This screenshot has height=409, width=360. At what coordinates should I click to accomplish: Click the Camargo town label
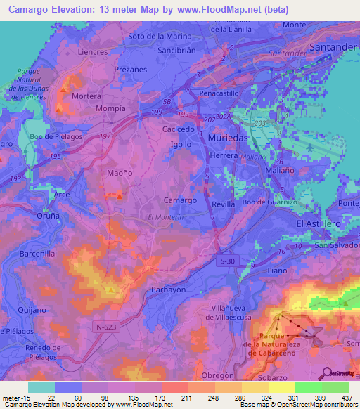click(180, 200)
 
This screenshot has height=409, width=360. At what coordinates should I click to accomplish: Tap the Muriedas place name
click(229, 138)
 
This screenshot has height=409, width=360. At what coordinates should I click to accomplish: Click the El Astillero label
click(319, 223)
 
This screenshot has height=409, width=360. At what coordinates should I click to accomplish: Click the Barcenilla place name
click(37, 254)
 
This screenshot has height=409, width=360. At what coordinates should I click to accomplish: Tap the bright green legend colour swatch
click(308, 387)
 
